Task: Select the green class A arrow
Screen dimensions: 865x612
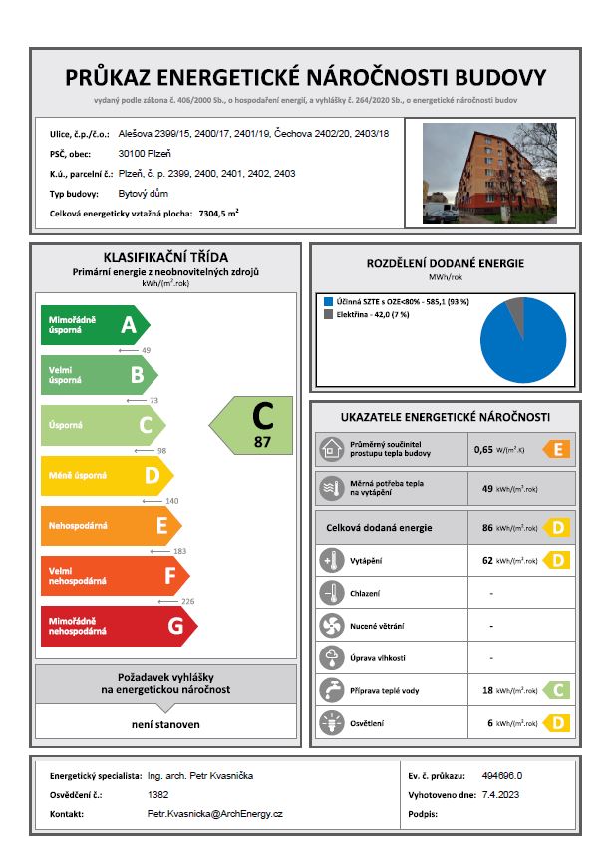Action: point(95,324)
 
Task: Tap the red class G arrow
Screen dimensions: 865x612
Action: point(118,626)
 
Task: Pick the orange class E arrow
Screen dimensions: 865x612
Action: point(110,525)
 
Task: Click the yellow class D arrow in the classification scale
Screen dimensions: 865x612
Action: point(106,475)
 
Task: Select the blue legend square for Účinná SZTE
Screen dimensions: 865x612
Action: point(327,300)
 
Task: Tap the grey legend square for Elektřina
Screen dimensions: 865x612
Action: point(327,314)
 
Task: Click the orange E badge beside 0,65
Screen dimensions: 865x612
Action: point(557,449)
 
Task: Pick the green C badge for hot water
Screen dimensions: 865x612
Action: point(557,689)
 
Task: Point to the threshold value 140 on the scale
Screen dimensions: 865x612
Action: point(144,500)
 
